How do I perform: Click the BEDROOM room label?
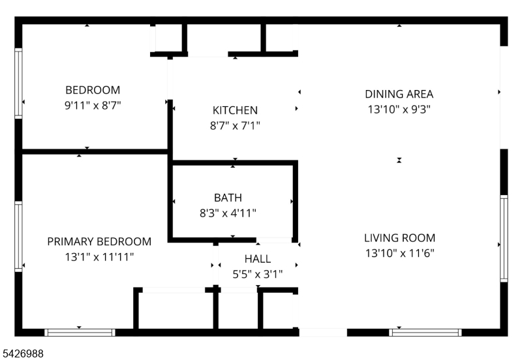coord(93,90)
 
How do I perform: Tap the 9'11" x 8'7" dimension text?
coord(93,106)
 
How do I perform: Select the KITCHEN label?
coord(235,110)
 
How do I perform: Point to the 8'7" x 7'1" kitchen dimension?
coord(235,126)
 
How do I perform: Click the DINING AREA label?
coord(399,94)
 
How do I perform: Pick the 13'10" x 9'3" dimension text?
coord(399,110)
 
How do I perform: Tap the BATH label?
coord(228,198)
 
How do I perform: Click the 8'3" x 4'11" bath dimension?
coord(228,213)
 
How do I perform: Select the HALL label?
coord(258,259)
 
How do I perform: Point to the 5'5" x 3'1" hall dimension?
coord(258,274)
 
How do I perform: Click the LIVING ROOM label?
coord(399,238)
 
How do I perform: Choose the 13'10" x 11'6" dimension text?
coord(399,253)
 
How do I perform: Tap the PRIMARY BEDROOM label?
coord(99,241)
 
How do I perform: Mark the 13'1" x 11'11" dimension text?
coord(99,257)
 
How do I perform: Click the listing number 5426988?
coord(23,353)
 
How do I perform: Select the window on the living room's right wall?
coord(504,239)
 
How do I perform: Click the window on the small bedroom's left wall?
coord(18,83)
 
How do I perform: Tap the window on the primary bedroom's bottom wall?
coord(80,333)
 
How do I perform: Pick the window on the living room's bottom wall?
coord(425,333)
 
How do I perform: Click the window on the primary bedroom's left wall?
coord(18,237)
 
